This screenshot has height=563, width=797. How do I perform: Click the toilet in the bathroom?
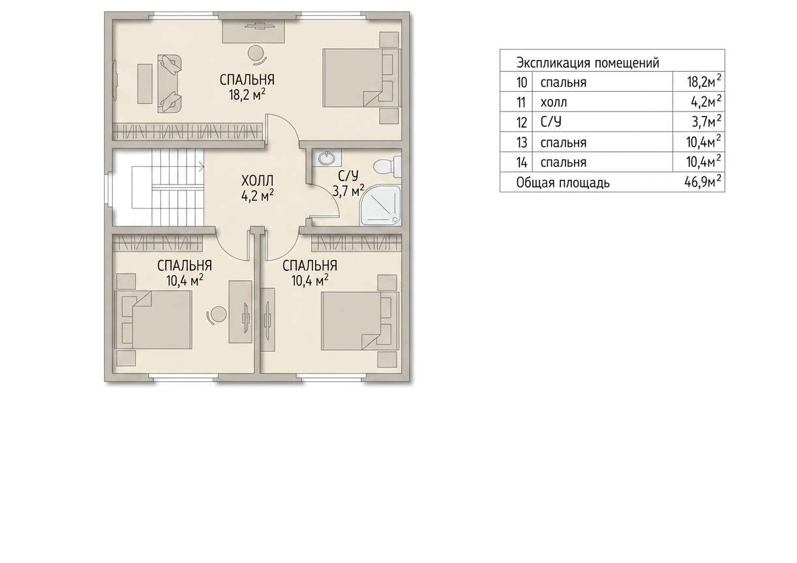point(387,167)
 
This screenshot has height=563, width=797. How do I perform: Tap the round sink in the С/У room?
point(326,158)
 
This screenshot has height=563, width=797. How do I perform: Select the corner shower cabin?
point(381,205)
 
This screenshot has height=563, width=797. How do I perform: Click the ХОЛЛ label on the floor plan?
point(257,181)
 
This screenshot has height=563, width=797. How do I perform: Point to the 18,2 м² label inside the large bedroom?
point(247,95)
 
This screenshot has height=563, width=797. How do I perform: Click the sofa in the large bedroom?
point(170,83)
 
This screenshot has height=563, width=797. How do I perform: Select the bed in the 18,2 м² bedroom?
point(361,78)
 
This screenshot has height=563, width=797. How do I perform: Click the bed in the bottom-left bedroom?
point(153,319)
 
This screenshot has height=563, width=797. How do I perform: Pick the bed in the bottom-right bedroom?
point(359,321)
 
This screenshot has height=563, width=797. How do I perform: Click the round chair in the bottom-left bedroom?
point(217,315)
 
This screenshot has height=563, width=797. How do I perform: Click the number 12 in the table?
point(522,123)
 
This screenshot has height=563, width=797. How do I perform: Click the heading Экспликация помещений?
point(588,63)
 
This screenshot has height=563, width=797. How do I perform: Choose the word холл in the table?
point(554,102)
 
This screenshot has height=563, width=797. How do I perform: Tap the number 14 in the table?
point(522,162)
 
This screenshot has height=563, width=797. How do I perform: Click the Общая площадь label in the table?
point(563,182)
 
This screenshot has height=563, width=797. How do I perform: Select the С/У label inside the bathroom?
point(348,175)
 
